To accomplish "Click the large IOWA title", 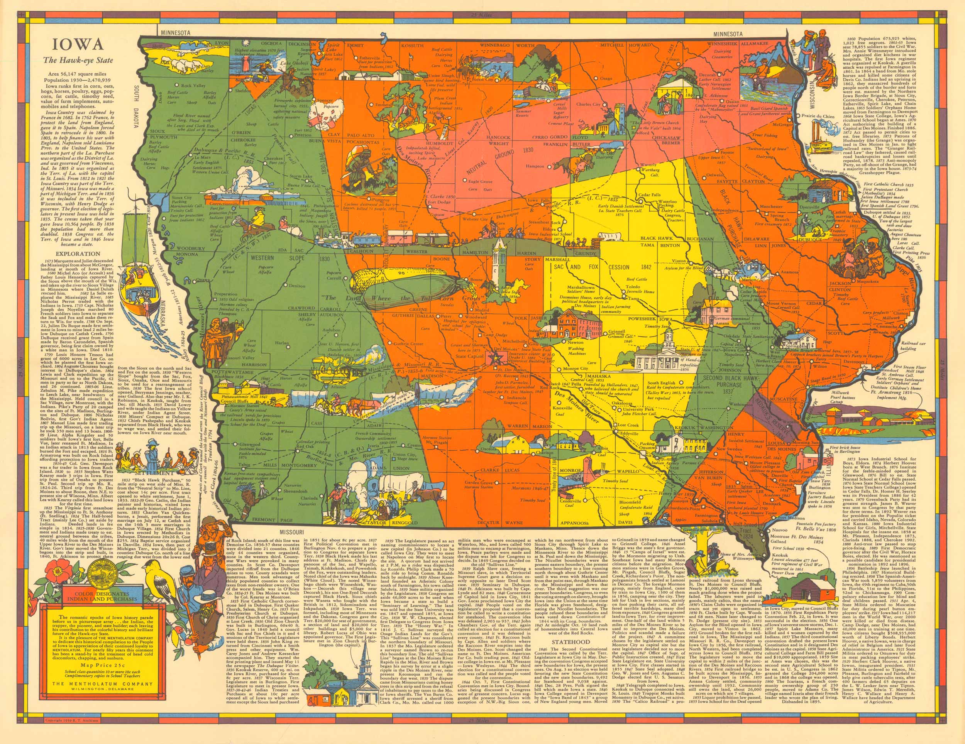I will click(79, 45).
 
